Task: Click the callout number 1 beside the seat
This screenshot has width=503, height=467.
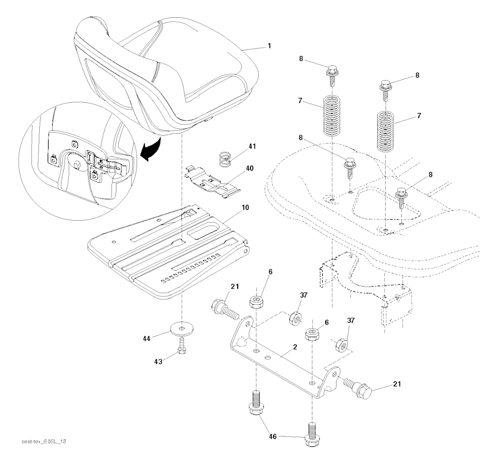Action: click(x=269, y=46)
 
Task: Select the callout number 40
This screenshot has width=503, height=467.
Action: click(x=250, y=169)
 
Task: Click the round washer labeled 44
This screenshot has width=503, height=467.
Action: click(x=182, y=327)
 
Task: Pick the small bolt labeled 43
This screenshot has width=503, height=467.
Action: click(x=182, y=345)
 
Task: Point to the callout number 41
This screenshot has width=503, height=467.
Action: click(x=252, y=146)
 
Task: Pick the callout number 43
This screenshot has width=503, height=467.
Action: click(x=158, y=360)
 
